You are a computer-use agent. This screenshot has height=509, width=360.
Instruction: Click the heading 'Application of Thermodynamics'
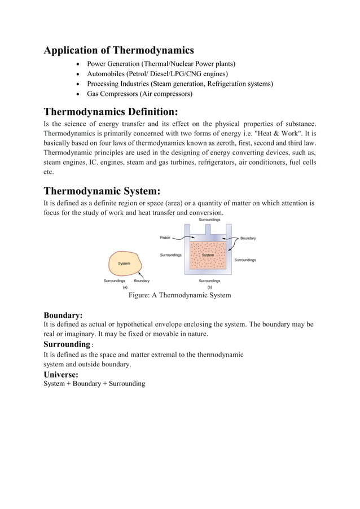click(x=118, y=51)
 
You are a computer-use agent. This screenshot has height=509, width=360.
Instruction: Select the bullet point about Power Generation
click(x=161, y=64)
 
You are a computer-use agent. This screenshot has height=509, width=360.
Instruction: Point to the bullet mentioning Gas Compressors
click(x=139, y=94)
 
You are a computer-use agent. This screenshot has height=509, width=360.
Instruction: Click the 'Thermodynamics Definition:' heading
click(x=111, y=110)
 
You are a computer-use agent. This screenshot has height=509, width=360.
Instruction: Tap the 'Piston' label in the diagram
click(x=164, y=238)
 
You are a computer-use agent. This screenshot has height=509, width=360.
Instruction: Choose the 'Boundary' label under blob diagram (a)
click(x=142, y=280)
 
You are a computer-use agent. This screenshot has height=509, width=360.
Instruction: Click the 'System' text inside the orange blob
click(x=124, y=264)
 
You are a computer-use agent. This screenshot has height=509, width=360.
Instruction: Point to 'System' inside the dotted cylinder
click(x=208, y=255)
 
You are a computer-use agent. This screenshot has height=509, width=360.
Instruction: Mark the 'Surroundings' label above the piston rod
click(x=209, y=220)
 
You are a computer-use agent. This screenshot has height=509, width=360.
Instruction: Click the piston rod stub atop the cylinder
click(x=209, y=230)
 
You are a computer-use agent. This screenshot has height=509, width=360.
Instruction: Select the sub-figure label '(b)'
click(x=209, y=287)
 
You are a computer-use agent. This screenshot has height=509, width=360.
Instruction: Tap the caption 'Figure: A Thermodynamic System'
click(x=179, y=295)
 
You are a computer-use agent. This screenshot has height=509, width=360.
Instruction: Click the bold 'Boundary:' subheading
click(x=63, y=315)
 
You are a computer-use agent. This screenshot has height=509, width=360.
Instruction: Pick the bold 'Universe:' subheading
click(x=61, y=374)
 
